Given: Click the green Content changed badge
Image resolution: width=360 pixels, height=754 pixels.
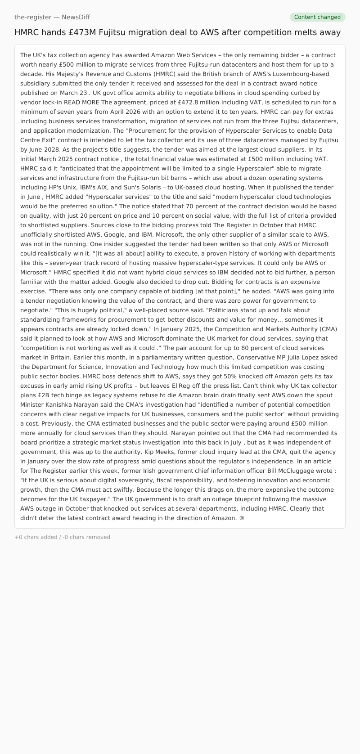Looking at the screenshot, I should pos(317,17).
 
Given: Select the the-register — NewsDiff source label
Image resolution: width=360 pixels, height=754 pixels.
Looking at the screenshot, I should pos(52,17).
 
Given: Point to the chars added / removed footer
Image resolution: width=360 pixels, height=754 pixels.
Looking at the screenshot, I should pos(62,537).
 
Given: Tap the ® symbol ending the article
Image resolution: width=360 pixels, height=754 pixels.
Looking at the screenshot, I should pos(242,518).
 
